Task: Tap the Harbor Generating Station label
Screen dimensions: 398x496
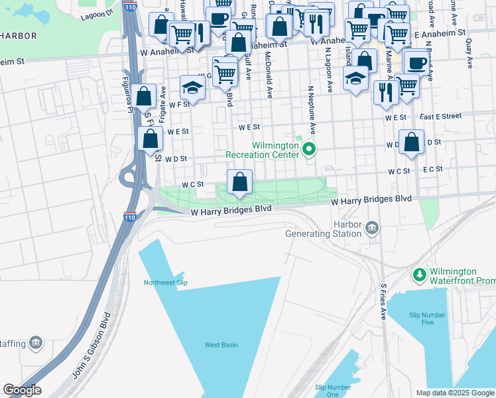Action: (324, 229)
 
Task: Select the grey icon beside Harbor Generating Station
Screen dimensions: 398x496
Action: (372, 229)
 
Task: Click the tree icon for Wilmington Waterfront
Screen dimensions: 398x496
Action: (418, 275)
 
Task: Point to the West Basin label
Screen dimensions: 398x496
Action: (221, 344)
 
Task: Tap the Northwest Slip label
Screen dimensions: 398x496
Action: (166, 283)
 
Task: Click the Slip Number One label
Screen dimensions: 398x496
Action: (333, 391)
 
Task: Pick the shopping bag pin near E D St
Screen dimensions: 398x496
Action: (412, 143)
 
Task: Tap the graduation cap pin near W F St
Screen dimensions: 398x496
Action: (192, 88)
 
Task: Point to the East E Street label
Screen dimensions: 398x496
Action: (440, 116)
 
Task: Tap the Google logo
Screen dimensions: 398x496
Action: (22, 391)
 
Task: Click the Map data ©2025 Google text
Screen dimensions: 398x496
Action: (455, 393)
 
